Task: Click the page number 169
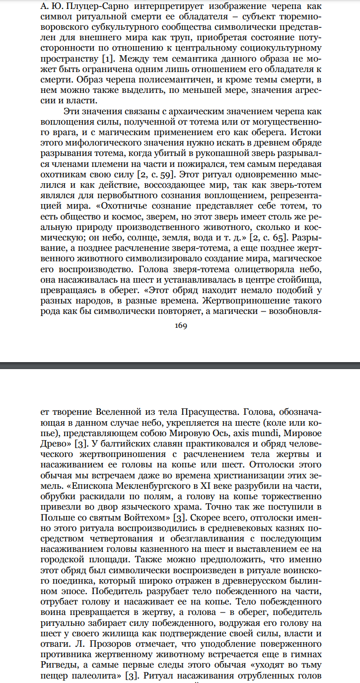pos(180,326)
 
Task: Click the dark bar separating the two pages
pos(180,365)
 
